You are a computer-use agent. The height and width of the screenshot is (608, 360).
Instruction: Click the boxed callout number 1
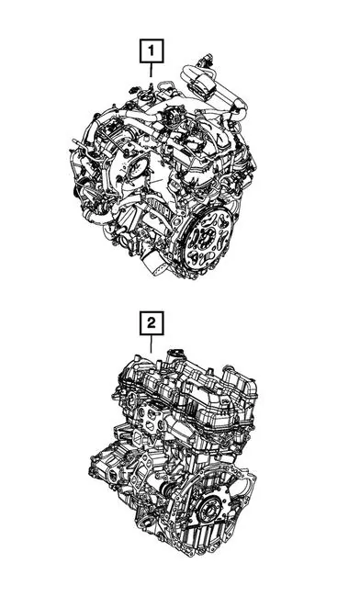point(152,51)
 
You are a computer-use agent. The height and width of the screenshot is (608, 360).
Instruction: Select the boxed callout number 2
point(152,323)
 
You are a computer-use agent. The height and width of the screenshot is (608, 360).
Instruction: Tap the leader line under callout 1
point(152,70)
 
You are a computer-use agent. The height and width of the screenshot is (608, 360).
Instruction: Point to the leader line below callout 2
point(152,343)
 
